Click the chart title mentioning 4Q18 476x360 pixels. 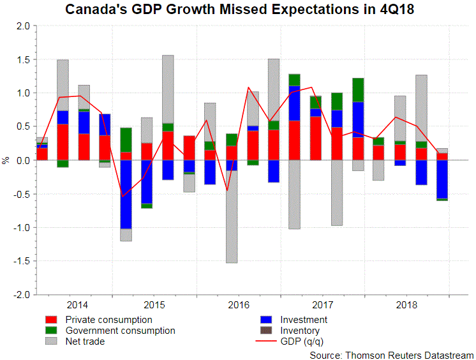click(x=237, y=10)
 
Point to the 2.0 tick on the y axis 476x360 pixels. click(x=23, y=26)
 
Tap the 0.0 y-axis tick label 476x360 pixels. click(x=23, y=160)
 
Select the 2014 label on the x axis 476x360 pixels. click(x=77, y=304)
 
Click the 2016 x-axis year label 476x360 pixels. click(x=238, y=304)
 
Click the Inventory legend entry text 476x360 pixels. click(x=301, y=331)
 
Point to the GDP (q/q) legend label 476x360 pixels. click(x=304, y=341)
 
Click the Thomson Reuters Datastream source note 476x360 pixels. click(x=390, y=354)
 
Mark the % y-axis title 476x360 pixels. click(x=6, y=160)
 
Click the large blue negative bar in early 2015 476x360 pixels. click(x=126, y=194)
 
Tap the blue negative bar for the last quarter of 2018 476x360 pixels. click(x=442, y=180)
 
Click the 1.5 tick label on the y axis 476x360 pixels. click(x=23, y=60)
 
